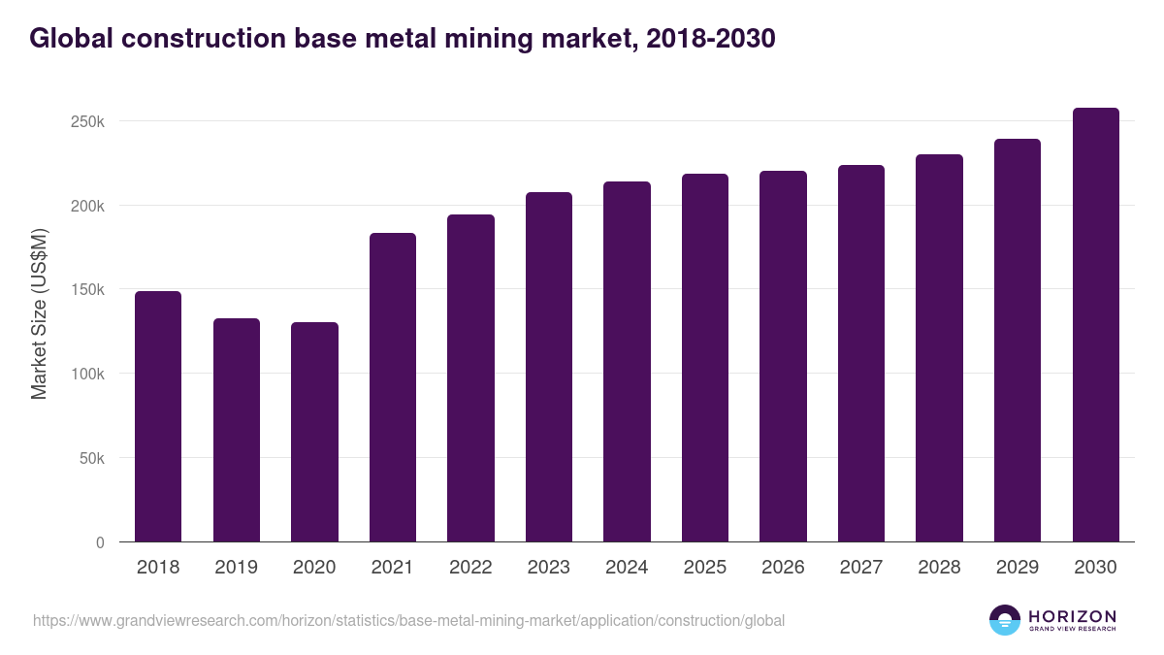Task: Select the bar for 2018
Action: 158,416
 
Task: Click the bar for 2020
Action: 314,432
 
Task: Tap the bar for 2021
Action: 393,387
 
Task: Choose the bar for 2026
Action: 783,356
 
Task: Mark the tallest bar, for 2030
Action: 1095,325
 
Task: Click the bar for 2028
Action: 939,348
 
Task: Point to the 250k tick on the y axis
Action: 86,122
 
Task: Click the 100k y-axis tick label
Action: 86,374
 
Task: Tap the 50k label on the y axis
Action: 90,458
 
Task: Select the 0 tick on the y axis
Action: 100,542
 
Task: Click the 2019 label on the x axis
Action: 236,568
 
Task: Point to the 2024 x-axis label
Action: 627,568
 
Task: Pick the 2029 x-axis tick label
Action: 1018,568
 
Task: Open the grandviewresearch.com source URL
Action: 408,620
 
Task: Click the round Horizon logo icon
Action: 1005,620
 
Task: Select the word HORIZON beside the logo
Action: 1072,615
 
